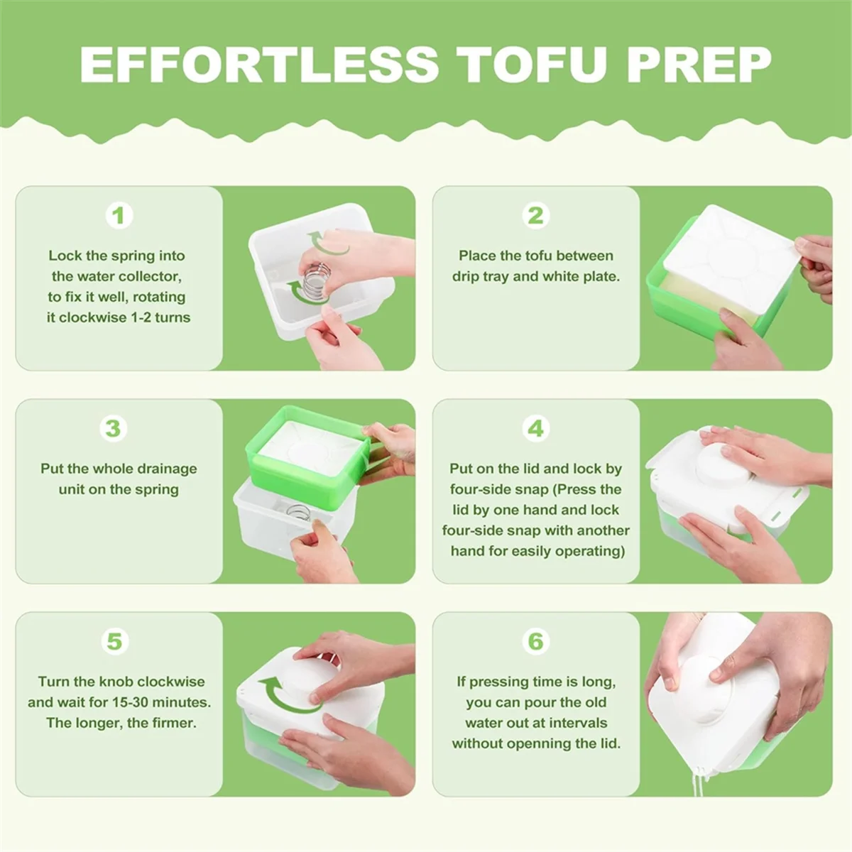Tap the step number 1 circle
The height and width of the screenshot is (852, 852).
click(119, 215)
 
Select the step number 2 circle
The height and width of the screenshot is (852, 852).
click(535, 215)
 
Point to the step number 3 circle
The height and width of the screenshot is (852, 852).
click(113, 428)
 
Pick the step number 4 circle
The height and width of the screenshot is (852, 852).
click(535, 428)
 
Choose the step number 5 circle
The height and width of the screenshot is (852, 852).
click(114, 641)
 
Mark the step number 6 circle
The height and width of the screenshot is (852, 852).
click(535, 641)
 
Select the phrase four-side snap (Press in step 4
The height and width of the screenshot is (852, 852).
click(526, 489)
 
